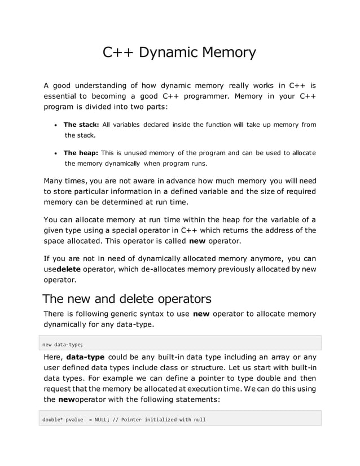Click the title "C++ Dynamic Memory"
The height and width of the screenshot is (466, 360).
[x=179, y=53]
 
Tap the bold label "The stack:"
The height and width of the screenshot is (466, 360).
[x=81, y=125]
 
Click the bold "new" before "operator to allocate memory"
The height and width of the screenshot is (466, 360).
[x=201, y=314]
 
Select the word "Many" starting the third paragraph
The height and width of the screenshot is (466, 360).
[x=54, y=181]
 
